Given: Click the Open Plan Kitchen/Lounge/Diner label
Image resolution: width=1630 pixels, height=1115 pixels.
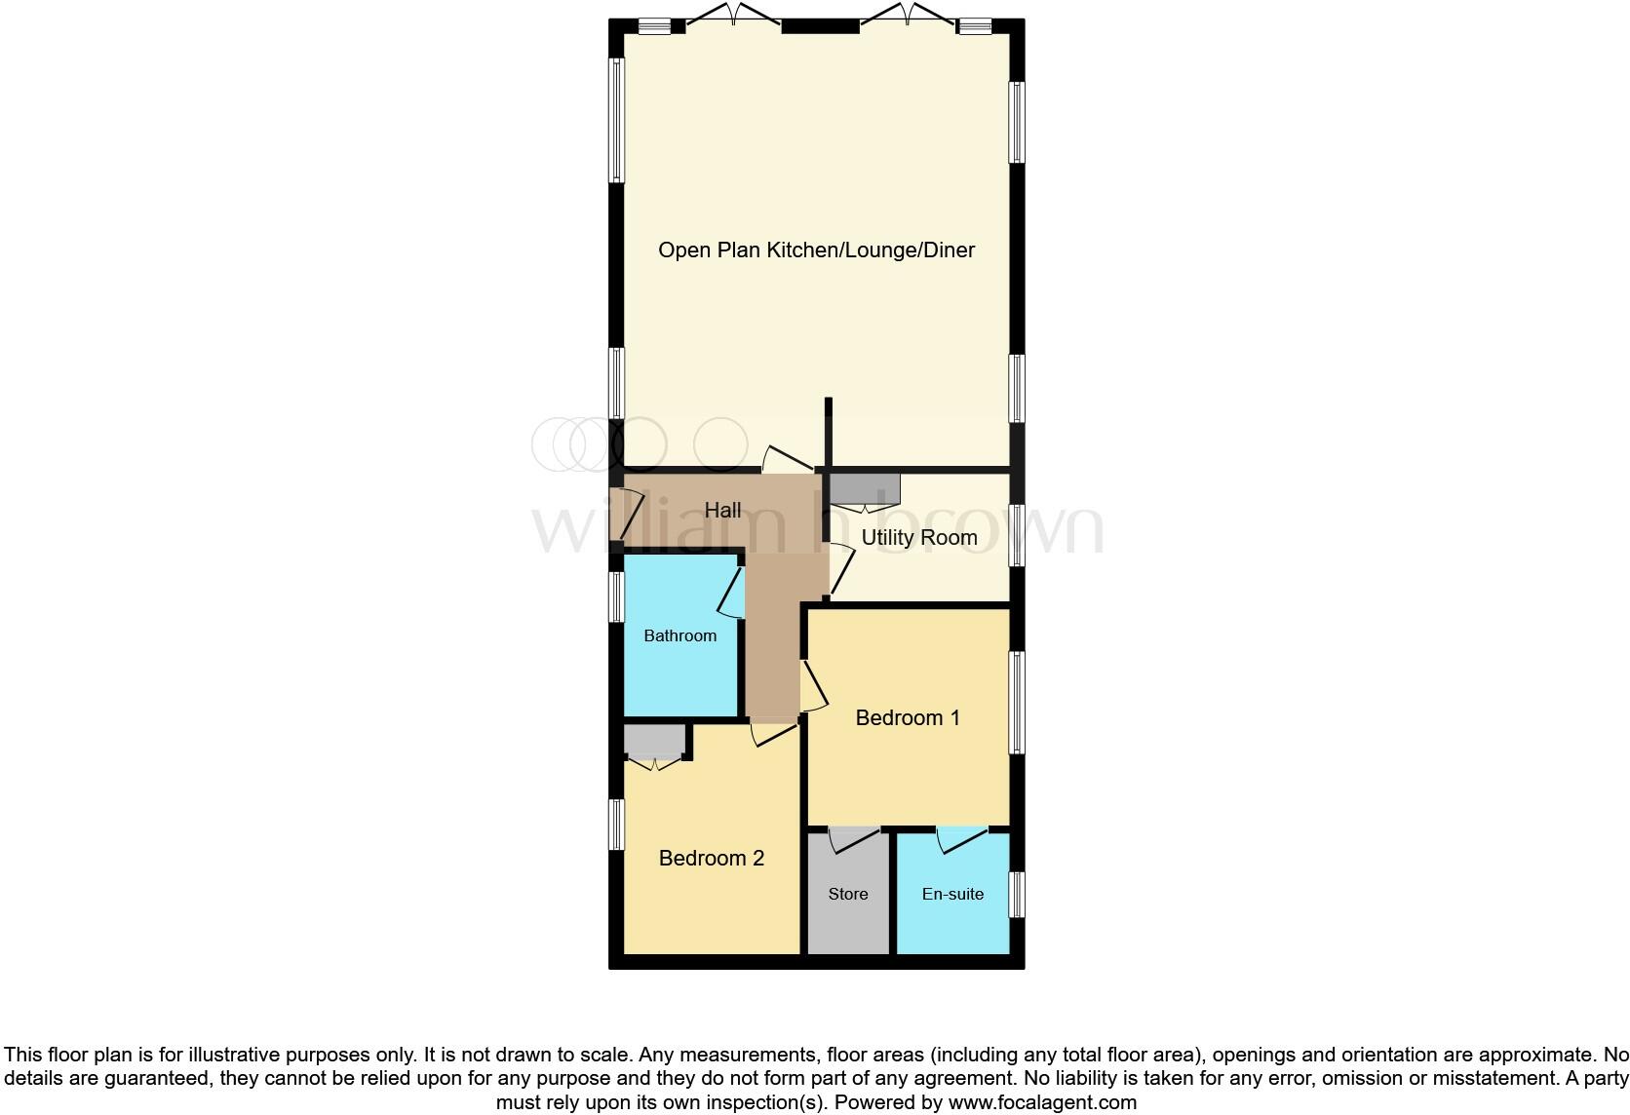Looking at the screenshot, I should pos(816,250).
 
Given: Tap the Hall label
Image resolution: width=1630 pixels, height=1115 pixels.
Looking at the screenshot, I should pos(722,510).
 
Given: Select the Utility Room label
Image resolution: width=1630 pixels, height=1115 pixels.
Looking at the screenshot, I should pos(918,538).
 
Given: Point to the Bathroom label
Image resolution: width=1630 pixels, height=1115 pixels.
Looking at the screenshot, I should pos(679,635).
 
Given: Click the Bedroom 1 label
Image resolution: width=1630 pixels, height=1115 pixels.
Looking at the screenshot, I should pos(907,718).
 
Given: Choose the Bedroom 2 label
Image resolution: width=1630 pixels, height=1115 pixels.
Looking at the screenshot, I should pos(711,859).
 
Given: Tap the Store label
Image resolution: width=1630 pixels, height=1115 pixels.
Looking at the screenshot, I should pos(847,894).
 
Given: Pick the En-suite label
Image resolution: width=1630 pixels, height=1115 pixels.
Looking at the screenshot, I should pos(952,894).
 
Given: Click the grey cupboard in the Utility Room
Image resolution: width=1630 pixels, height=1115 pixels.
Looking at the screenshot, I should pos(863,488).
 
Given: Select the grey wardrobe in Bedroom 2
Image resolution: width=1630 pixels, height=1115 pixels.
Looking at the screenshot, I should pos(654,742).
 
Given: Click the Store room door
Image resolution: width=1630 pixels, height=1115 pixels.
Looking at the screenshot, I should pos(854,838).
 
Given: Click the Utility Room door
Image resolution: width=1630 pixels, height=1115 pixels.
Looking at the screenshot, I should pos(841,571).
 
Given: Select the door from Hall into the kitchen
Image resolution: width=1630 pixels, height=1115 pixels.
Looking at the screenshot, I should pos(787,458).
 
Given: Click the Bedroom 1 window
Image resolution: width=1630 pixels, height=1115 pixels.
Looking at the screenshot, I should pos(1016,702).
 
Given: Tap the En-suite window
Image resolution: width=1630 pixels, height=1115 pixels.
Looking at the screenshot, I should pos(1016,894).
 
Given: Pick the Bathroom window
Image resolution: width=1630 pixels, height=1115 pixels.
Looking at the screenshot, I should pos(616,596).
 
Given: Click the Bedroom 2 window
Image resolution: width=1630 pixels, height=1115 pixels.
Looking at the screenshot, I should pos(616,825).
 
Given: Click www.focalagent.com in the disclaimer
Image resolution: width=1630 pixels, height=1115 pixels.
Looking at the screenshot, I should pos(1041,1103).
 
